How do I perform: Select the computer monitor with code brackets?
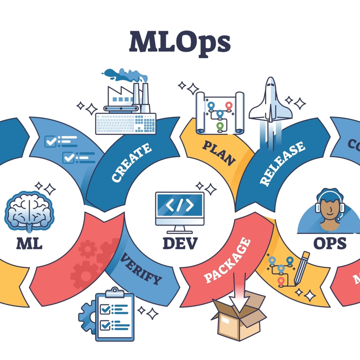[180, 209]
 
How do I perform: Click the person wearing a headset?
[329, 212]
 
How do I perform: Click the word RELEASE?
[282, 163]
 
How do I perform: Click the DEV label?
[180, 243]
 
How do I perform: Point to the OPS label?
[330, 244]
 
